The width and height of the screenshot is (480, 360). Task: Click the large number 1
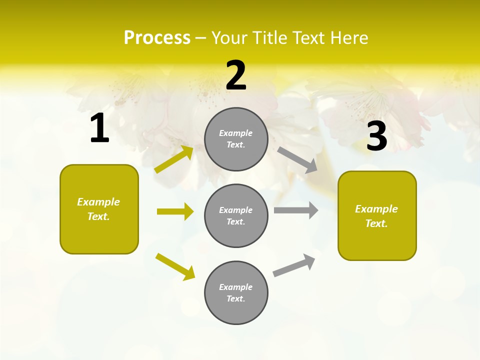pyautogui.click(x=99, y=128)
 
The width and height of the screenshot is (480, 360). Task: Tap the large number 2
pyautogui.click(x=236, y=75)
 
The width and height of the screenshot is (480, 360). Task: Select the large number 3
pyautogui.click(x=376, y=136)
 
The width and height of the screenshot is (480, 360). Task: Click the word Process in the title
pyautogui.click(x=157, y=37)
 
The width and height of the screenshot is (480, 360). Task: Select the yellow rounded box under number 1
pyautogui.click(x=99, y=209)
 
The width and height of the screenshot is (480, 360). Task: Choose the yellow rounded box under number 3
pyautogui.click(x=377, y=215)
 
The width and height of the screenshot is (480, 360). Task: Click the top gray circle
pyautogui.click(x=236, y=139)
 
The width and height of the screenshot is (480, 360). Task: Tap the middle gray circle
pyautogui.click(x=236, y=215)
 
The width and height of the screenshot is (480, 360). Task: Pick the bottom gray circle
pyautogui.click(x=236, y=292)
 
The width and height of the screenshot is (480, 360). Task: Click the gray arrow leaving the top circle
pyautogui.click(x=297, y=160)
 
